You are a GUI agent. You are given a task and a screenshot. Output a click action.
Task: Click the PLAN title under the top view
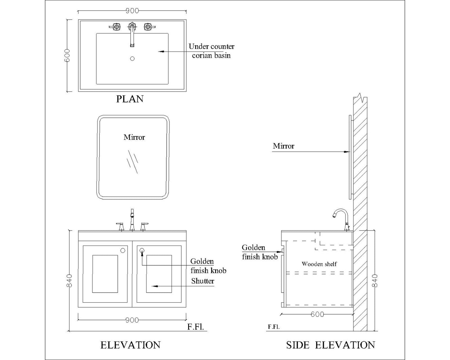tap(130, 99)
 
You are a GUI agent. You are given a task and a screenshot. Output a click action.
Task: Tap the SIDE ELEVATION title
tap(330, 345)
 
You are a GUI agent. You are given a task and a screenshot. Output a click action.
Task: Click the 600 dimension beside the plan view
tap(68, 55)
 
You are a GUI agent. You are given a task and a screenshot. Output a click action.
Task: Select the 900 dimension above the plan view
tap(132, 11)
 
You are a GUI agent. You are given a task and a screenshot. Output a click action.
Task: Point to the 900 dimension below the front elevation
tap(132, 320)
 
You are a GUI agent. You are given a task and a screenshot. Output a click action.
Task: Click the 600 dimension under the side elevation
tap(317, 314)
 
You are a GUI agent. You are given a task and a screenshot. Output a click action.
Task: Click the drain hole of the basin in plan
tap(132, 59)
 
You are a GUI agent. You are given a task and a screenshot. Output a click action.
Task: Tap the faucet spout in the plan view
tap(132, 37)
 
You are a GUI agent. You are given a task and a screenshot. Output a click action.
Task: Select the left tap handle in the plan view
tap(116, 27)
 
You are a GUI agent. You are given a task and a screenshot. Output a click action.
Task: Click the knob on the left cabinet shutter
tap(123, 250)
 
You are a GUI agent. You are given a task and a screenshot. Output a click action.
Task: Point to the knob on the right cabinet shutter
tap(142, 250)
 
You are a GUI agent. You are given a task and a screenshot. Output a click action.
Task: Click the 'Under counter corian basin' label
tap(211, 51)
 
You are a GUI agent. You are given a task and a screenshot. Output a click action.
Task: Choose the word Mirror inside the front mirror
tap(134, 137)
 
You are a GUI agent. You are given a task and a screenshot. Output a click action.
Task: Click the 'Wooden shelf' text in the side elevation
tap(319, 264)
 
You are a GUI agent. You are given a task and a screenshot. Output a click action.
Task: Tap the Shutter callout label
tap(203, 281)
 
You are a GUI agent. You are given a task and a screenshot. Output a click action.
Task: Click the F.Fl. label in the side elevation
tap(274, 327)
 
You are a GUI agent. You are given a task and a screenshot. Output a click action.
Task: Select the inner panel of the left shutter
tap(105, 274)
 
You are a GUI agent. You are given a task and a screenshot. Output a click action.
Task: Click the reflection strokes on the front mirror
tap(132, 161)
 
